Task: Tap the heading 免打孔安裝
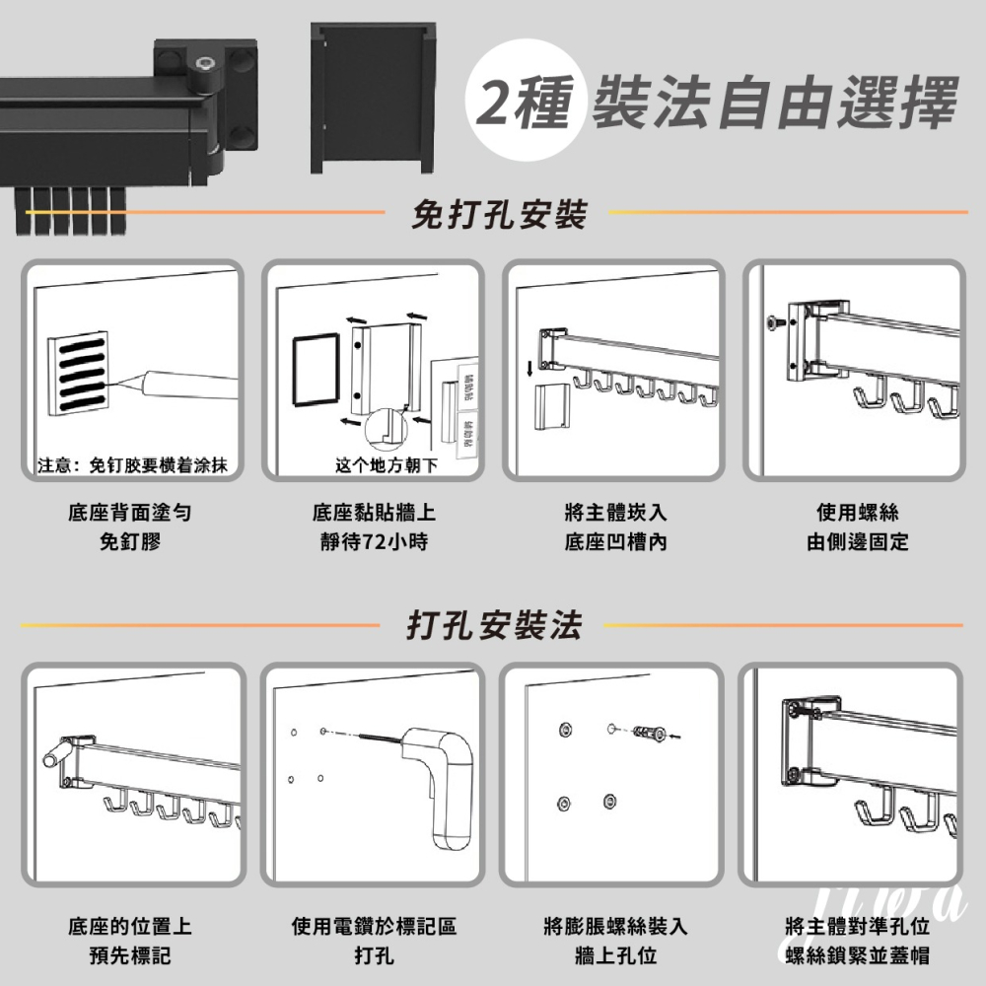[x=499, y=213]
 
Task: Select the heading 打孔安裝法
[x=494, y=625]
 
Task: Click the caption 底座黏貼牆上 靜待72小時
[x=374, y=528]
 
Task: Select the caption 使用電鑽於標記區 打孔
[x=374, y=941]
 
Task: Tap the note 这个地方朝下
[x=386, y=464]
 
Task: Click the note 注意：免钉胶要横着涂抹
[x=131, y=464]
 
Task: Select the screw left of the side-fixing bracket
[x=776, y=321]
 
